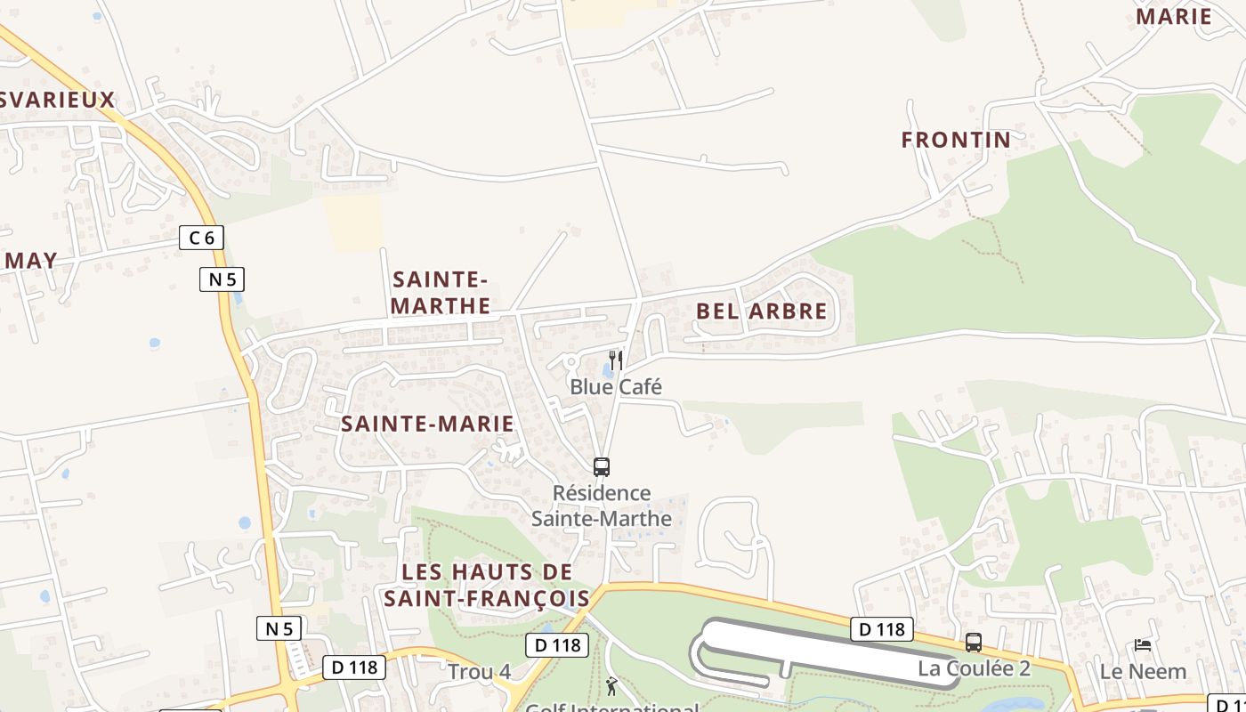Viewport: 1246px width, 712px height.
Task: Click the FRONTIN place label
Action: pyautogui.click(x=956, y=140)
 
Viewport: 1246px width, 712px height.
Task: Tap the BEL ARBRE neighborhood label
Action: pyautogui.click(x=761, y=311)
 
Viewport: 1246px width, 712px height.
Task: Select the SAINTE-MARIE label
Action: pyautogui.click(x=427, y=424)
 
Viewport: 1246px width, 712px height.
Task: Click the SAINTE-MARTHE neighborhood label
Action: pyautogui.click(x=441, y=293)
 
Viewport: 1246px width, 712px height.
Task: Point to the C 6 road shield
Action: pyautogui.click(x=201, y=238)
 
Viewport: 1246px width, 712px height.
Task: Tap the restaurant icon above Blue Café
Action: pyautogui.click(x=615, y=360)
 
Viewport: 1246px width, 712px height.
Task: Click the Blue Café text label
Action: pyautogui.click(x=616, y=387)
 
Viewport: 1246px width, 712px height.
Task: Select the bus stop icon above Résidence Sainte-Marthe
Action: pyautogui.click(x=602, y=466)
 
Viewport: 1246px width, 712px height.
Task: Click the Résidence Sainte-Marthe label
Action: pyautogui.click(x=602, y=506)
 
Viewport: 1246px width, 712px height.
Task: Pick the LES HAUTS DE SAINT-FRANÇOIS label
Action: pyautogui.click(x=487, y=585)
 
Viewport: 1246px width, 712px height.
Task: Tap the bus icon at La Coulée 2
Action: pyautogui.click(x=974, y=642)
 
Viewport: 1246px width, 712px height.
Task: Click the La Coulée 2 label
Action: pyautogui.click(x=974, y=668)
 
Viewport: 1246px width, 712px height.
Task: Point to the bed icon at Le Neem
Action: pyautogui.click(x=1143, y=644)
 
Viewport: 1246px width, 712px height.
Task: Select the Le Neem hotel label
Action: pyautogui.click(x=1143, y=671)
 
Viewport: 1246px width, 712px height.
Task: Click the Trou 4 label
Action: pyautogui.click(x=479, y=672)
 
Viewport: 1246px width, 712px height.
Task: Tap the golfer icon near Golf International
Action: pyautogui.click(x=611, y=686)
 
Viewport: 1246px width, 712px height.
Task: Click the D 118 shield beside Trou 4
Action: pyautogui.click(x=557, y=645)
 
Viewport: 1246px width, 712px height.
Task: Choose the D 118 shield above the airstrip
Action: pyautogui.click(x=882, y=629)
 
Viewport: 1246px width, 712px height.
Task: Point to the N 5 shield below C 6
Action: pyautogui.click(x=221, y=279)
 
